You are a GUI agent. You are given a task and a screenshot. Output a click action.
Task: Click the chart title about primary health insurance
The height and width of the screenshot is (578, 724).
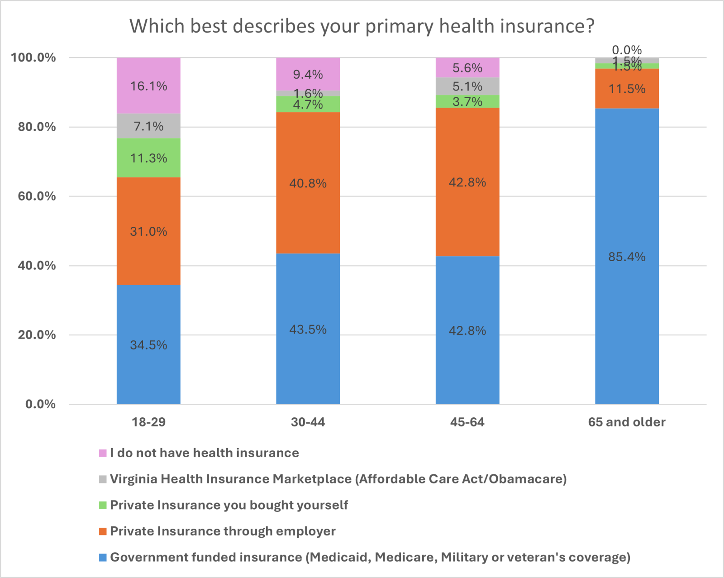click(x=362, y=26)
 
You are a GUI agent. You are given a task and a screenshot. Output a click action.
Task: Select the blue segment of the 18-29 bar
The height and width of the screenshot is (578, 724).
click(x=148, y=317)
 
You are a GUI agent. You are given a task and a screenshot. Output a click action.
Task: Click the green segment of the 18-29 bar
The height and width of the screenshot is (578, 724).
click(x=148, y=167)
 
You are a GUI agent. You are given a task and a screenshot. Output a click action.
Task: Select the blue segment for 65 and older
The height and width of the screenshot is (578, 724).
click(x=627, y=294)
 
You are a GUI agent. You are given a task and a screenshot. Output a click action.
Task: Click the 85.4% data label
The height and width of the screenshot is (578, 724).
click(x=627, y=257)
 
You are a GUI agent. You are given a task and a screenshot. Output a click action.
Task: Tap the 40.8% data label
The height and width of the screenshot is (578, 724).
click(x=308, y=183)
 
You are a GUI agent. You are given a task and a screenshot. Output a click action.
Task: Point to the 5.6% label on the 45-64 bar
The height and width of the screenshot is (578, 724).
click(x=467, y=68)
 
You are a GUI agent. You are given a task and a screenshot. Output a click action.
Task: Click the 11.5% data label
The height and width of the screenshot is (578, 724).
click(x=627, y=89)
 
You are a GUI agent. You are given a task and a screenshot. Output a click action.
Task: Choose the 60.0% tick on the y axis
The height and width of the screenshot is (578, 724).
click(x=37, y=196)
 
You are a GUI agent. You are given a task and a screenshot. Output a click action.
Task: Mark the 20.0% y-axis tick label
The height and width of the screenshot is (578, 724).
click(x=37, y=335)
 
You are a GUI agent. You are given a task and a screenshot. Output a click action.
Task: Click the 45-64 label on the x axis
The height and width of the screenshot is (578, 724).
click(x=467, y=422)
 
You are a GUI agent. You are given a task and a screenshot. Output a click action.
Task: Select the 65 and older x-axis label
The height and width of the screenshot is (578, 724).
click(x=627, y=422)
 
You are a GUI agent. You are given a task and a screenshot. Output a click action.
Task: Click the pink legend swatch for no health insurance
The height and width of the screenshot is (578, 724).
click(x=103, y=453)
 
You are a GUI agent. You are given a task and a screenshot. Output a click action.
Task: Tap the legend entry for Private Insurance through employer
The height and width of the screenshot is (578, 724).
click(x=223, y=531)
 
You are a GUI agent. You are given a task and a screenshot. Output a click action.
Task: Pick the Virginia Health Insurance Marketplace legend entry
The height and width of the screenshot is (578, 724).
click(x=338, y=479)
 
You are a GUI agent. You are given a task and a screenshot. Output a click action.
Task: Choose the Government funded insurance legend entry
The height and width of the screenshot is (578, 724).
click(x=370, y=557)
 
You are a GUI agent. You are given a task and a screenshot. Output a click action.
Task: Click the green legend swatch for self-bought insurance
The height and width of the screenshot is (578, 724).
click(x=103, y=505)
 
